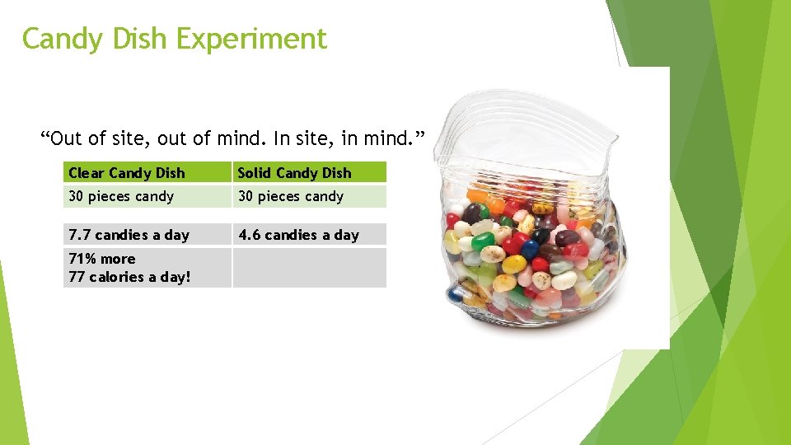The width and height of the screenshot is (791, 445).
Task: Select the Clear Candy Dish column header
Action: click(127, 173)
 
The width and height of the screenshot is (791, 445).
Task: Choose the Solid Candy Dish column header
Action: click(294, 173)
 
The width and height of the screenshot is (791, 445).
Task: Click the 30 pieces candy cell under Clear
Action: click(121, 196)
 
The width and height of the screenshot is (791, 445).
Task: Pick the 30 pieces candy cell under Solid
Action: click(291, 196)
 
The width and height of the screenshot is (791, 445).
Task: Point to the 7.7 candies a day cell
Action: click(129, 235)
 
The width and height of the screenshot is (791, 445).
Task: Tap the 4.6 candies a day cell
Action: click(298, 235)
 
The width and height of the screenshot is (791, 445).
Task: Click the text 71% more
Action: click(102, 259)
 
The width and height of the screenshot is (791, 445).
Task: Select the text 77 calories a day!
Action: click(129, 277)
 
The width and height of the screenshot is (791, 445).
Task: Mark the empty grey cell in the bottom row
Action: click(309, 268)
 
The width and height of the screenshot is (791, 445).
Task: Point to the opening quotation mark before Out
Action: click(45, 135)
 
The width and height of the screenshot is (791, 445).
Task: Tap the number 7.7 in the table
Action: click(79, 235)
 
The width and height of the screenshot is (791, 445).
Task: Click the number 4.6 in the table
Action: click(249, 235)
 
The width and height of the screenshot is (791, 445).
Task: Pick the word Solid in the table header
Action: click(255, 173)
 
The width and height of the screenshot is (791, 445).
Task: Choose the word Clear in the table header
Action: click(86, 173)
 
